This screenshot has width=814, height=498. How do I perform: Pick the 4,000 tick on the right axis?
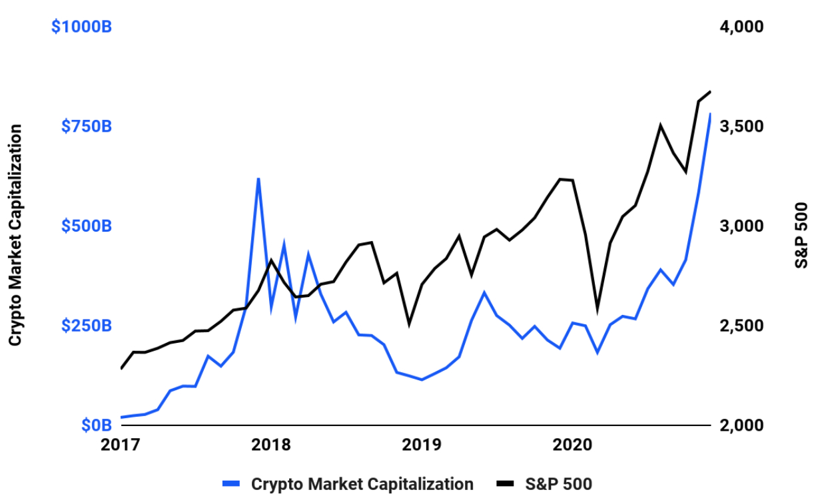[739, 27]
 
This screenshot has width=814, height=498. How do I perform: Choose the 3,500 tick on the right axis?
[739, 126]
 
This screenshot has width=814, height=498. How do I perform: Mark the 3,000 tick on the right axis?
[739, 226]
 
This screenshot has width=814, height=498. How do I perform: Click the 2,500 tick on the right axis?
[739, 326]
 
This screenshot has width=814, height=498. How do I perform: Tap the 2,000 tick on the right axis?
[739, 425]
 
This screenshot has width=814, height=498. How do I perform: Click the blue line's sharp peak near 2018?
[258, 178]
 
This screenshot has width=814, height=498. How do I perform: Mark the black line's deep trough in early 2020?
[598, 308]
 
